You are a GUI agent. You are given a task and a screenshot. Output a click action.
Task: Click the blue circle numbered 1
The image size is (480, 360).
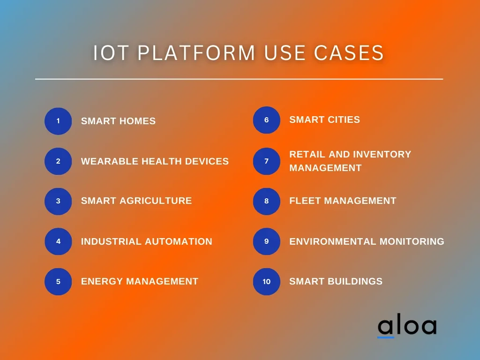tap(58, 121)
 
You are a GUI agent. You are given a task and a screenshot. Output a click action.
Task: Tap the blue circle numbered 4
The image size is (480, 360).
tap(58, 241)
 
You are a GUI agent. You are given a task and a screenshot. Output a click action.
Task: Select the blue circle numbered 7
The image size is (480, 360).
tap(267, 161)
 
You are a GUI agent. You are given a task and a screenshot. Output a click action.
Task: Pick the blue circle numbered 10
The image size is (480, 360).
tap(267, 282)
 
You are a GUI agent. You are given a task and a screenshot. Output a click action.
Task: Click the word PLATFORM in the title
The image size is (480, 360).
tap(196, 52)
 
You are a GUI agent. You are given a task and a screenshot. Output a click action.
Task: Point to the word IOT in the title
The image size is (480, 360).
tap(111, 52)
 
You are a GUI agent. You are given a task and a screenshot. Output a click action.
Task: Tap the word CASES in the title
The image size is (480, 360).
tap(349, 52)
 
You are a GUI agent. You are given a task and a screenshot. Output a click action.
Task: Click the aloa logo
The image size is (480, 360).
tap(407, 327)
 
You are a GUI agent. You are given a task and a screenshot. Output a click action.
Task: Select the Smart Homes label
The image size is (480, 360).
tap(118, 121)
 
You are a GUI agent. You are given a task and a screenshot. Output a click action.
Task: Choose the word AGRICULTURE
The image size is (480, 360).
tap(156, 201)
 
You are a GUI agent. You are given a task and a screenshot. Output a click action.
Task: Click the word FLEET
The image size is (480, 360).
tap(305, 201)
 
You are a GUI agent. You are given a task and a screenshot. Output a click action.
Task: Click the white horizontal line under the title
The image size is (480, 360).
tap(239, 79)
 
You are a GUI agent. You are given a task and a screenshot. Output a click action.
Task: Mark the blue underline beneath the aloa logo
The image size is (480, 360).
tap(386, 337)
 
